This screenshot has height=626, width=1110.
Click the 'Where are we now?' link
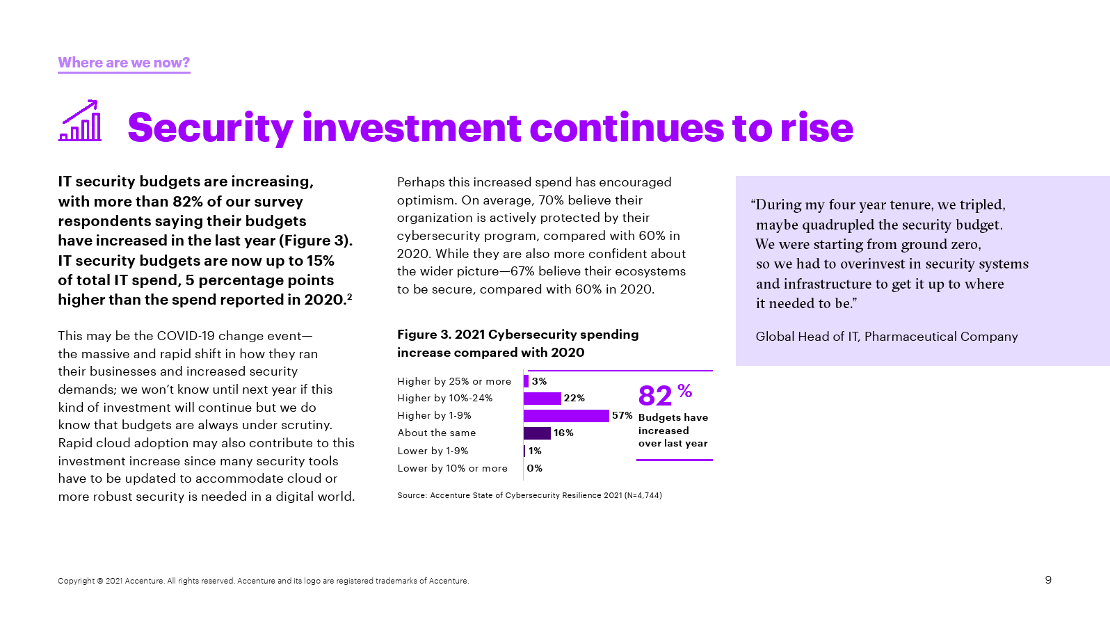(124, 63)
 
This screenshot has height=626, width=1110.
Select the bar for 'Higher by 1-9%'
(566, 416)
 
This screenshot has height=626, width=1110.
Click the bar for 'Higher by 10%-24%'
(542, 399)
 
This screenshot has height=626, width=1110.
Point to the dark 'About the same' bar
(537, 433)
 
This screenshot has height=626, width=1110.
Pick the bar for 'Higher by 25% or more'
(526, 381)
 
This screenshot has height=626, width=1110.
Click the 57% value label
(622, 416)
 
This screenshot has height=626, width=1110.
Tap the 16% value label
(563, 433)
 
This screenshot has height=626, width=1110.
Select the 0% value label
(534, 469)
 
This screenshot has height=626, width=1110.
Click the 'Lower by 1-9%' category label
(433, 451)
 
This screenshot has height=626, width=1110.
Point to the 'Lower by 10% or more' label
(452, 469)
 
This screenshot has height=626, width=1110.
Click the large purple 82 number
(655, 396)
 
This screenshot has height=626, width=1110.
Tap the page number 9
(1048, 580)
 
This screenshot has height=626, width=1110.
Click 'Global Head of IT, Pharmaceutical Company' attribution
(886, 337)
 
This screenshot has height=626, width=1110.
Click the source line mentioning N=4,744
(529, 495)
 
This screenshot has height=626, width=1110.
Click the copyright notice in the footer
(263, 581)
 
